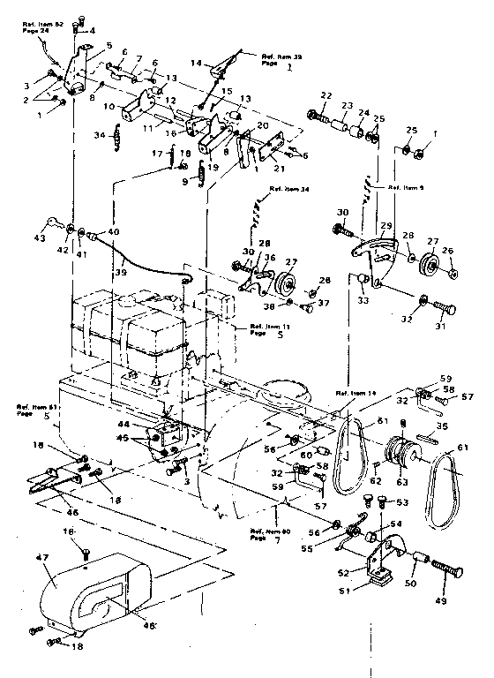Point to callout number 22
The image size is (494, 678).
[326, 94]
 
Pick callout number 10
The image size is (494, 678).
[109, 105]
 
